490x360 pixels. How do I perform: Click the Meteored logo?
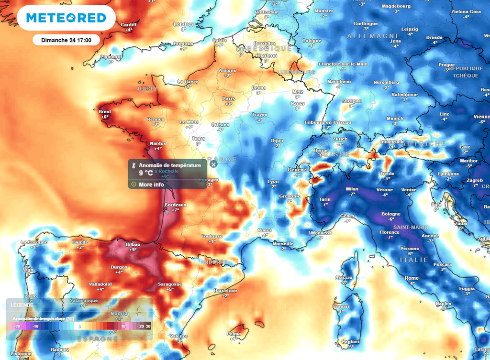pos(66,18)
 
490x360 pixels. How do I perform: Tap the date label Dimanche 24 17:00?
pos(66,40)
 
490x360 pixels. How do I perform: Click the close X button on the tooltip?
pos(213,164)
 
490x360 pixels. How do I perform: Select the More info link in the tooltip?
pos(151,185)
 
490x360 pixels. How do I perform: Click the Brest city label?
pos(105,112)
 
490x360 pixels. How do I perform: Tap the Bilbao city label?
pos(133,244)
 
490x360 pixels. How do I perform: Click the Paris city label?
pos(228,99)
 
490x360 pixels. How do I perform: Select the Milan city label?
pos(352,189)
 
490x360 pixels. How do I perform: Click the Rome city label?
pos(412,278)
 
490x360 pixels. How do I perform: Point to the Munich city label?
pos(395,119)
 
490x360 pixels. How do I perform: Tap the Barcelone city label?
pos(225,291)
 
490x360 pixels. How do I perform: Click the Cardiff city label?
pos(129,25)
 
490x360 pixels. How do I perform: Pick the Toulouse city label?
pos(212,236)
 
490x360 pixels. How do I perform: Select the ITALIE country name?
pos(414,260)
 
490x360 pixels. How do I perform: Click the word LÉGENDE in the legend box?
pos(22,305)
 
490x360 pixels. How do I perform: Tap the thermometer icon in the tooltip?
pos(134,165)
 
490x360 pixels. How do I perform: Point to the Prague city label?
pos(446,65)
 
